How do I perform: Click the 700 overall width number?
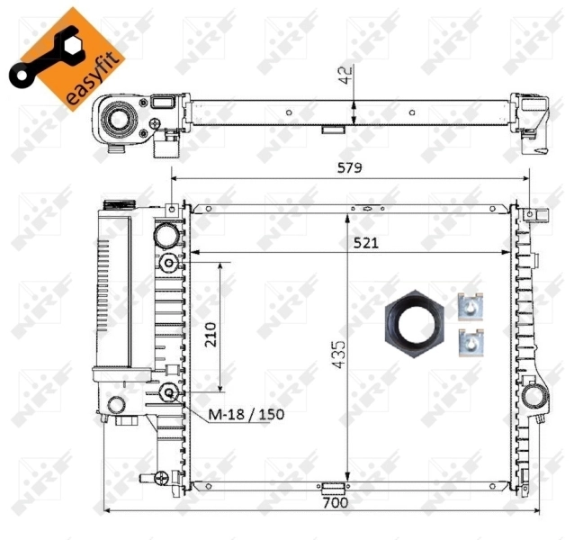click(x=335, y=503)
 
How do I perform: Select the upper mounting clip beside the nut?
click(x=470, y=308)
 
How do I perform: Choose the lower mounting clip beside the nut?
click(x=470, y=342)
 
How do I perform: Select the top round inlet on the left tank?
click(x=167, y=236)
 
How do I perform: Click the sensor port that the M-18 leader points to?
click(x=169, y=392)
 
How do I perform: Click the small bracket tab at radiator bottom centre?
click(x=335, y=488)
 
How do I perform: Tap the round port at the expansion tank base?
click(x=117, y=404)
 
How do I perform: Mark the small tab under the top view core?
click(x=333, y=129)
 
